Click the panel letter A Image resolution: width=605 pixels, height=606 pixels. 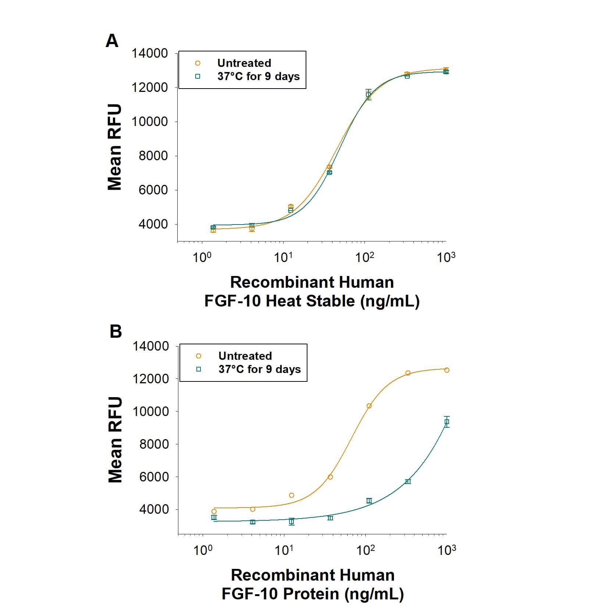(x=112, y=41)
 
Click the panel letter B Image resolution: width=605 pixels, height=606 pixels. (x=115, y=331)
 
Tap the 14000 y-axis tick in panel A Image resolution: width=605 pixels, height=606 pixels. (x=150, y=54)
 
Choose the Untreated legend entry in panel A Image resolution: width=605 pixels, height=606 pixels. (x=244, y=63)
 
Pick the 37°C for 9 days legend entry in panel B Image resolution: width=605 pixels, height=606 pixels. (x=259, y=369)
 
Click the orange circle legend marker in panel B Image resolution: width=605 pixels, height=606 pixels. (x=199, y=356)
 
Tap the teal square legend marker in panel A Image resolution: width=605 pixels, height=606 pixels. (x=197, y=76)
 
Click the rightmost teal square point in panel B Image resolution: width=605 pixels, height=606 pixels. (x=446, y=422)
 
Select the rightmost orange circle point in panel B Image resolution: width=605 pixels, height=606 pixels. (x=446, y=370)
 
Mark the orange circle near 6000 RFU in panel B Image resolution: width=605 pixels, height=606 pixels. (x=330, y=477)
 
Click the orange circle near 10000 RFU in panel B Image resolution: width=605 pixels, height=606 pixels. (x=369, y=406)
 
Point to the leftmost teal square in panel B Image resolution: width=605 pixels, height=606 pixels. (x=214, y=517)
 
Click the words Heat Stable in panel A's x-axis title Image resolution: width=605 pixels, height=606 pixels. (x=310, y=301)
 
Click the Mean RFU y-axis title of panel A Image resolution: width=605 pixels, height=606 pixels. (x=114, y=147)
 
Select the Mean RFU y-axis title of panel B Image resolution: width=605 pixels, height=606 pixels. (x=115, y=440)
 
